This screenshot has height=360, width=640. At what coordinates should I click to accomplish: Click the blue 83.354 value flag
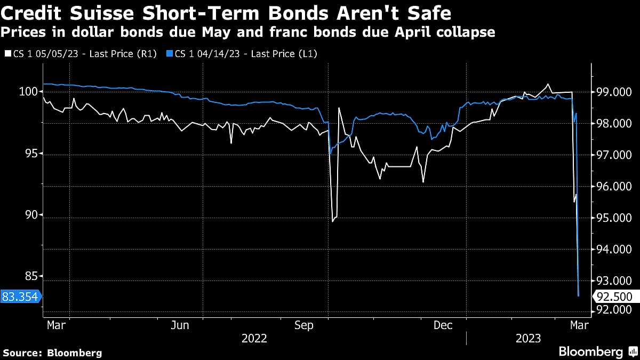click(20, 297)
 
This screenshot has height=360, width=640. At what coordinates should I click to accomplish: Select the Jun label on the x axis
click(181, 325)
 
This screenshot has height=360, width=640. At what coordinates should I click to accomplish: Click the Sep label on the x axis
click(305, 325)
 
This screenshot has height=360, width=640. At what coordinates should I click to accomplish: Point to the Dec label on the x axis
click(444, 325)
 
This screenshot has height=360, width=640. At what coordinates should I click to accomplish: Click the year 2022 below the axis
click(255, 339)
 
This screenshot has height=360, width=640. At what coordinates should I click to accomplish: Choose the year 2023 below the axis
click(528, 339)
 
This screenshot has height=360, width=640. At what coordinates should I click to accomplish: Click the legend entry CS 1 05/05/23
click(80, 53)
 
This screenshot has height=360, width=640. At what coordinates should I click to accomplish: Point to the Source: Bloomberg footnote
click(52, 353)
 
